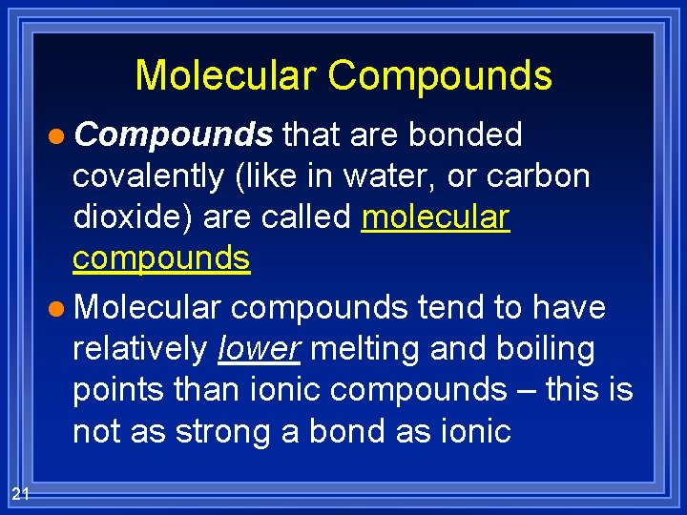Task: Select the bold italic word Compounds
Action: pyautogui.click(x=174, y=135)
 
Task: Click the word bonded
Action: pyautogui.click(x=466, y=135)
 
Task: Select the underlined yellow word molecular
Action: pyautogui.click(x=436, y=217)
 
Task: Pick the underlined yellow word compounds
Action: pyautogui.click(x=161, y=258)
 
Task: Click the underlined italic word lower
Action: pyautogui.click(x=260, y=349)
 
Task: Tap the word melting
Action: pyautogui.click(x=367, y=349)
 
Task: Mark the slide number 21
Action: pyautogui.click(x=20, y=493)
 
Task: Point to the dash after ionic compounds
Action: pyautogui.click(x=521, y=391)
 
